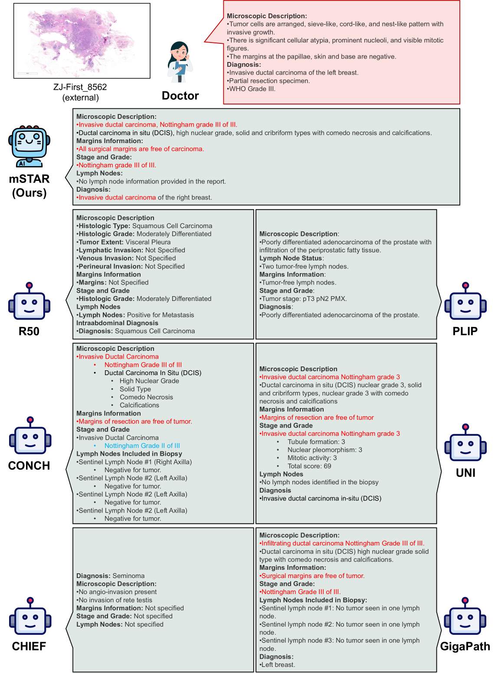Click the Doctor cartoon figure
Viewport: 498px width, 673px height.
pyautogui.click(x=180, y=62)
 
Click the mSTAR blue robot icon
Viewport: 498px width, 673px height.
pyautogui.click(x=29, y=146)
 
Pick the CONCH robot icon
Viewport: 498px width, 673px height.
pyautogui.click(x=30, y=437)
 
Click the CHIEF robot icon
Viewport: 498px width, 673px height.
pyautogui.click(x=30, y=617)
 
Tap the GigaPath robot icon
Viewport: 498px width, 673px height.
pyautogui.click(x=465, y=617)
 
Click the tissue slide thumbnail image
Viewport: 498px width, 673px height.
pyautogui.click(x=82, y=41)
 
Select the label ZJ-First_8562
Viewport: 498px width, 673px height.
pyautogui.click(x=80, y=87)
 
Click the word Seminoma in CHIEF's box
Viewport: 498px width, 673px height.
pyautogui.click(x=128, y=576)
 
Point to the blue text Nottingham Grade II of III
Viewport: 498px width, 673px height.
pyautogui.click(x=142, y=446)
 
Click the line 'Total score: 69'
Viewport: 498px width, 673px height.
pyautogui.click(x=309, y=466)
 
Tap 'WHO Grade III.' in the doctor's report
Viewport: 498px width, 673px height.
pyautogui.click(x=252, y=89)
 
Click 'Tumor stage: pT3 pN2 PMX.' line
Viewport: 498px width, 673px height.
pyautogui.click(x=304, y=299)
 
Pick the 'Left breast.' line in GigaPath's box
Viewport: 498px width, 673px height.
pyautogui.click(x=278, y=665)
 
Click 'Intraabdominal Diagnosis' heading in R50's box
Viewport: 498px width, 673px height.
pyautogui.click(x=117, y=323)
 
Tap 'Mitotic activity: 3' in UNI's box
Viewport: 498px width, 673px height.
pyautogui.click(x=312, y=458)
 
